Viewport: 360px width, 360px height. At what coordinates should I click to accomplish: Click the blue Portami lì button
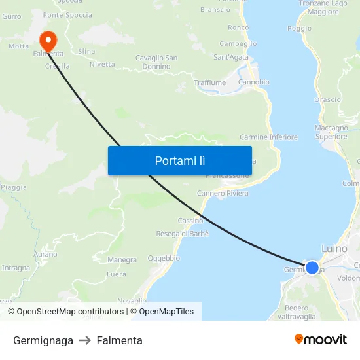179,160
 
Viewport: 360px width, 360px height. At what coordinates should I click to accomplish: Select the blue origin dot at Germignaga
312,268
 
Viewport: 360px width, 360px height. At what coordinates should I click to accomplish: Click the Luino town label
335,249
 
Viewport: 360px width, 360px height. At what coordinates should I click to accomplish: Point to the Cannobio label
254,82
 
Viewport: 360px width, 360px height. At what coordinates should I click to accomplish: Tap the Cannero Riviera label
223,194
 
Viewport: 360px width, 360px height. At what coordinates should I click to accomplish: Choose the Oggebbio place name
164,258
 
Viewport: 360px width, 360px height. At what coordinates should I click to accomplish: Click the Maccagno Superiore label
331,132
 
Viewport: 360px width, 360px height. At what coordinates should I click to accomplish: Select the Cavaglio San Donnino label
156,62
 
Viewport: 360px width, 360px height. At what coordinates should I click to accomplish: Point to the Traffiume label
209,83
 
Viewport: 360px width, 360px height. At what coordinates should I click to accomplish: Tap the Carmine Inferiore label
268,137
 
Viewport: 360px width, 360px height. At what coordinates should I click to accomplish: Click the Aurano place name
45,254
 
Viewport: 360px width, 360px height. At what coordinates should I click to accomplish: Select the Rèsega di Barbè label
182,234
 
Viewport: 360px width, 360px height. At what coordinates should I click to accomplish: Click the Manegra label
122,260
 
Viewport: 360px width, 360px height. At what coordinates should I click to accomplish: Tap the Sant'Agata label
231,58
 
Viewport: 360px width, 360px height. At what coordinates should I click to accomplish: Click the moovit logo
321,339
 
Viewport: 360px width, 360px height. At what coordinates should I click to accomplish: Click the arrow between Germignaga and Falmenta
85,340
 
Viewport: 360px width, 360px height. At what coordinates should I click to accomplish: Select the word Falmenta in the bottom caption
119,340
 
